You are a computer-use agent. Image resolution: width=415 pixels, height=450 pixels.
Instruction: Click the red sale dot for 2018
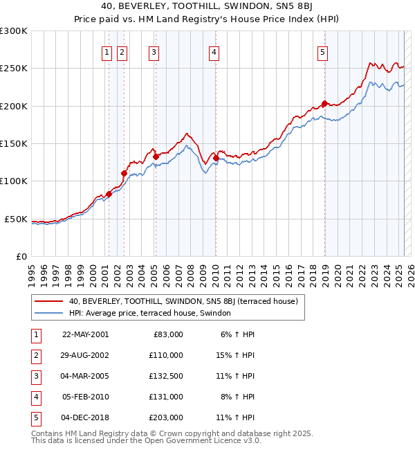[x=324, y=104]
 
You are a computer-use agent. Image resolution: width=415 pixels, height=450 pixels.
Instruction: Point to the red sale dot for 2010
[x=216, y=158]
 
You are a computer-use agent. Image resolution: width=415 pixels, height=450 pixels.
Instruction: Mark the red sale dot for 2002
[x=124, y=174]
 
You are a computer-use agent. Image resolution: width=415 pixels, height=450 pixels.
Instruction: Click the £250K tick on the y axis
[x=14, y=69]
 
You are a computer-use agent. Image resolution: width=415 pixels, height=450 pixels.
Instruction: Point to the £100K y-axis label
[x=14, y=181]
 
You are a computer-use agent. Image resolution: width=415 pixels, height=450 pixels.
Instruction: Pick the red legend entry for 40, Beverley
[x=183, y=301]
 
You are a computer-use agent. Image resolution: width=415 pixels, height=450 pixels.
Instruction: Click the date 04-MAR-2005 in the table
[x=86, y=376]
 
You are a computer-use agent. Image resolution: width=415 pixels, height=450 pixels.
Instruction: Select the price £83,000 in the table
[x=167, y=334]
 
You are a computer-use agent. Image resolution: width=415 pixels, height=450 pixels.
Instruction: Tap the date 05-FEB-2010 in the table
[x=86, y=397]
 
